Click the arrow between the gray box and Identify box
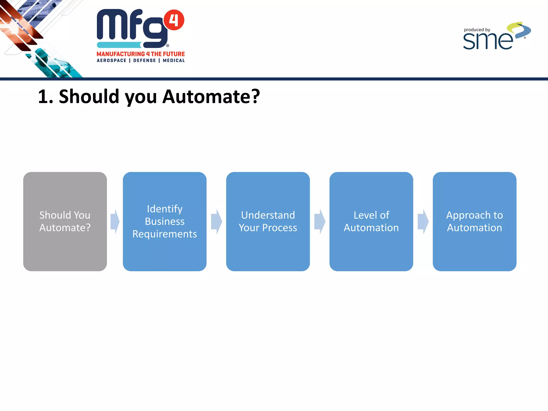point(115,222)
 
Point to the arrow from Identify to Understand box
point(216,222)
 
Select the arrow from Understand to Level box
point(320,222)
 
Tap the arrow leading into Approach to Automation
point(423,222)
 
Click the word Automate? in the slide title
point(211,97)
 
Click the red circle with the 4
point(174,20)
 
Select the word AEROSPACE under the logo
point(112,60)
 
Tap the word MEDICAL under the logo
point(174,60)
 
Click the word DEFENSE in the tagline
point(144,60)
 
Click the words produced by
point(477,30)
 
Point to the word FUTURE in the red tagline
point(174,54)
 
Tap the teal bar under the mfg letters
point(119,45)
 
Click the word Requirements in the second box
point(165,234)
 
